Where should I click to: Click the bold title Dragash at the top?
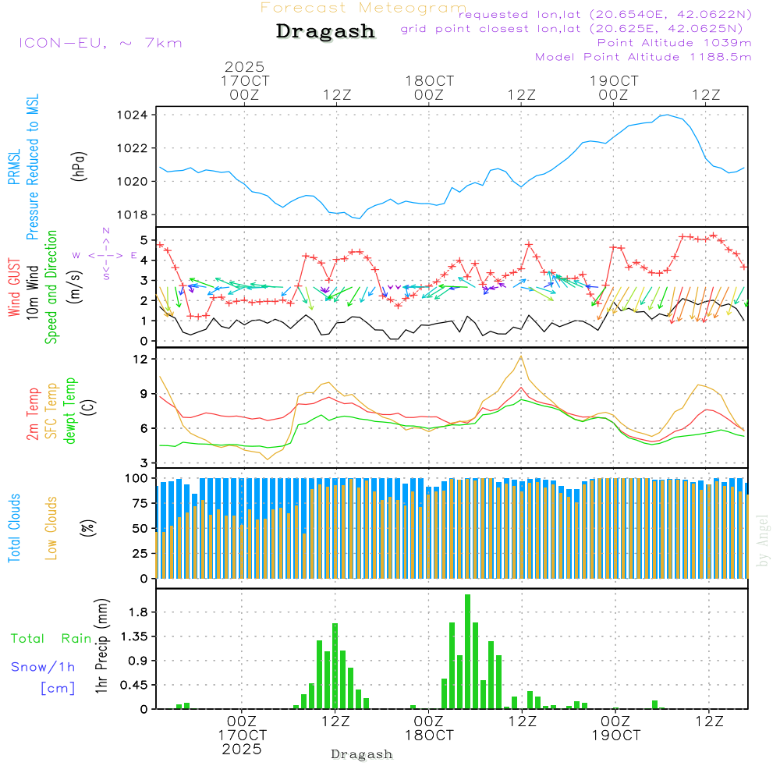pyautogui.click(x=325, y=31)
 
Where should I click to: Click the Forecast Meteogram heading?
pyautogui.click(x=363, y=9)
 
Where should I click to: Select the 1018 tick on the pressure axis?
pyautogui.click(x=138, y=214)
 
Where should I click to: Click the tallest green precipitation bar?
pyautogui.click(x=468, y=651)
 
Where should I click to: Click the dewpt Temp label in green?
pyautogui.click(x=70, y=411)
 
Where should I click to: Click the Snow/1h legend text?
pyautogui.click(x=43, y=667)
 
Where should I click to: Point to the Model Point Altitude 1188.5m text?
pyautogui.click(x=643, y=57)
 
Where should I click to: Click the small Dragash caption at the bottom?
pyautogui.click(x=362, y=754)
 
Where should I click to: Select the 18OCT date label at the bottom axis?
pyautogui.click(x=429, y=736)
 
